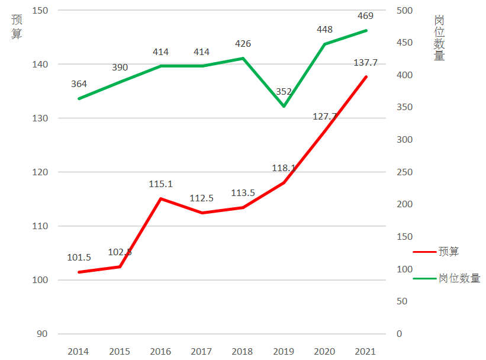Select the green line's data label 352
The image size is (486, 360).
coord(284,91)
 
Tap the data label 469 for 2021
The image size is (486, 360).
coord(365,15)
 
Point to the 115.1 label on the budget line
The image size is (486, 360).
coord(160,184)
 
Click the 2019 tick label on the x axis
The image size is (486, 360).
coord(284,352)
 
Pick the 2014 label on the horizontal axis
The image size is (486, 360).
coord(78,352)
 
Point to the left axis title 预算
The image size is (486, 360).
coord(17,27)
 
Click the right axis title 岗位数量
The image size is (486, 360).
coord(439,38)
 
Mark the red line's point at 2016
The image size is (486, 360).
coord(160,198)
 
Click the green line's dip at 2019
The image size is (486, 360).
coord(284,107)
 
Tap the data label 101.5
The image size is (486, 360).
coord(79,258)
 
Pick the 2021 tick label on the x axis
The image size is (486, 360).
coord(366,352)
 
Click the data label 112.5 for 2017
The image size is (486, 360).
coord(201,198)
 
